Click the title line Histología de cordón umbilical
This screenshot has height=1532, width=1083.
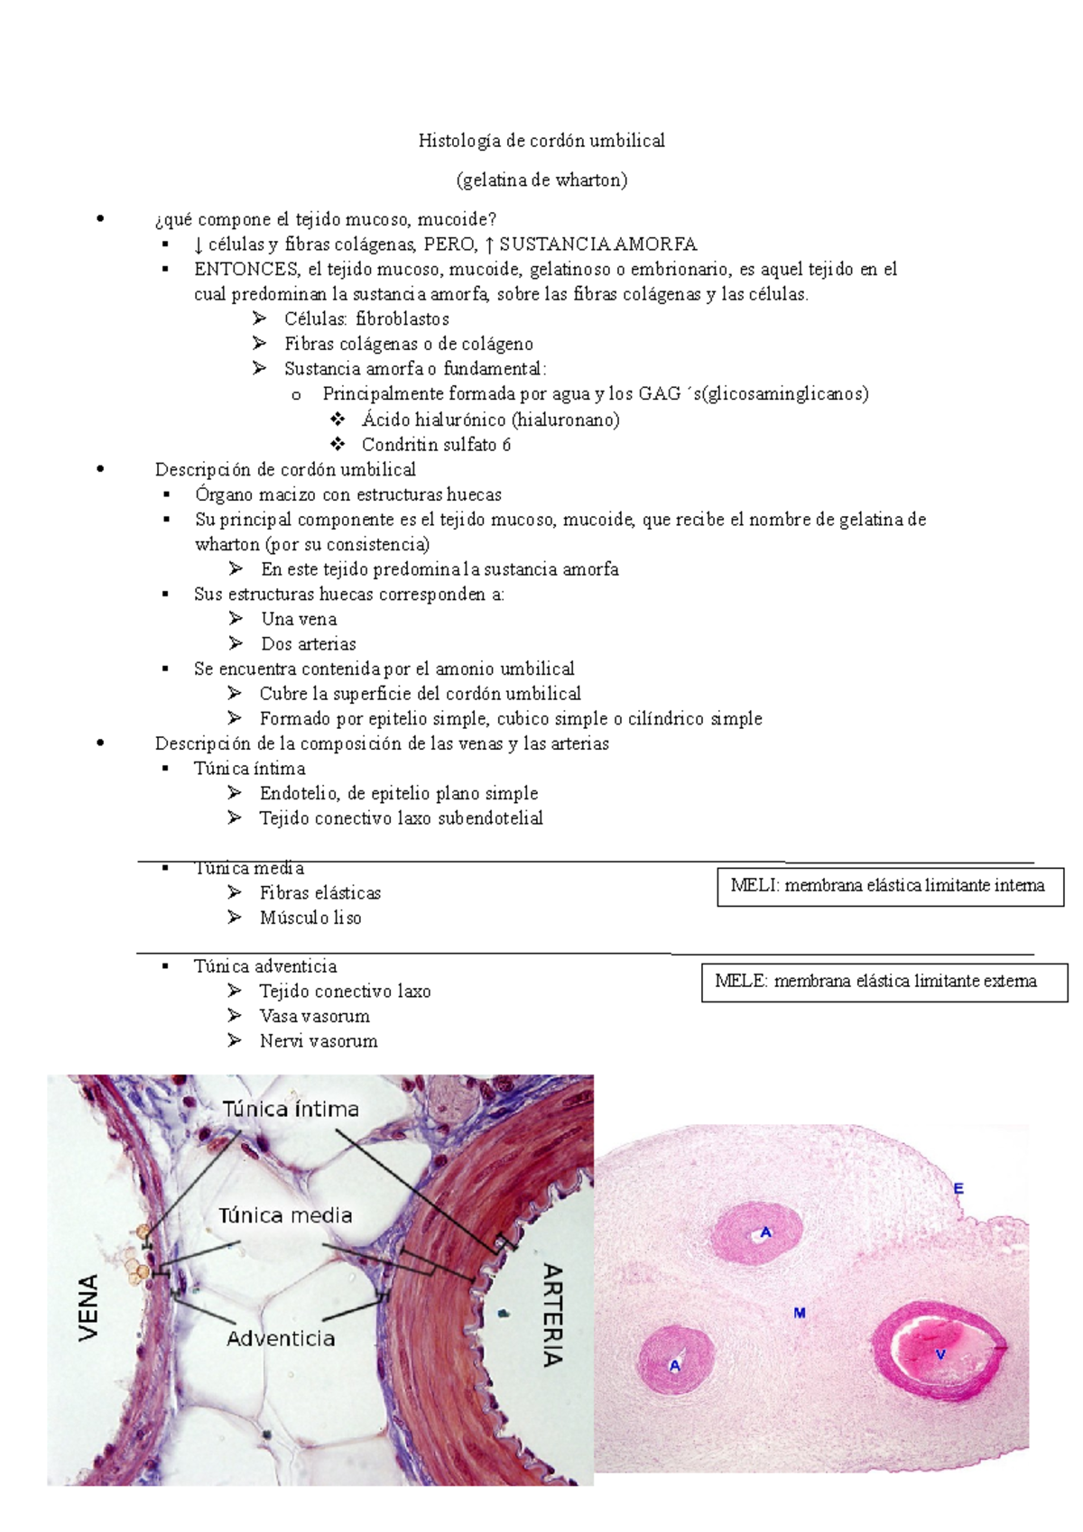541,141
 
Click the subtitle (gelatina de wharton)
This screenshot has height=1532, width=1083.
541,180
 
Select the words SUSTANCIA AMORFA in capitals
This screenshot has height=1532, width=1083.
597,245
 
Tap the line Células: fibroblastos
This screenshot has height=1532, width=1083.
366,319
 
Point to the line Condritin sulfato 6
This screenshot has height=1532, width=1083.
436,445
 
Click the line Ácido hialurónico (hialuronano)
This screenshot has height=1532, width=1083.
490,420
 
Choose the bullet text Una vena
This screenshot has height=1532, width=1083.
299,620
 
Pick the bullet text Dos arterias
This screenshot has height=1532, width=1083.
308,644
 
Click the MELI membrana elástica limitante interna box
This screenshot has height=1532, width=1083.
889,886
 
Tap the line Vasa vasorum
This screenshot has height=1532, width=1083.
314,1017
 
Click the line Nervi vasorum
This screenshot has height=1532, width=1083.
318,1041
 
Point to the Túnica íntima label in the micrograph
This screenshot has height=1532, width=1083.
291,1109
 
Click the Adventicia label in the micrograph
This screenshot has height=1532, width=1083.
280,1339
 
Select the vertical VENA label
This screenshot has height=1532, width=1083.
88,1307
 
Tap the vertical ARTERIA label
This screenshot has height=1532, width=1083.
552,1315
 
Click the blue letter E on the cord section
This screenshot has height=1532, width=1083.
958,1189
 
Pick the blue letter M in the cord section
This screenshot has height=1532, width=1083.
799,1313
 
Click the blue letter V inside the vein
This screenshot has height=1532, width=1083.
940,1354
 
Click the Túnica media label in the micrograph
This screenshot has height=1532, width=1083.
285,1216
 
